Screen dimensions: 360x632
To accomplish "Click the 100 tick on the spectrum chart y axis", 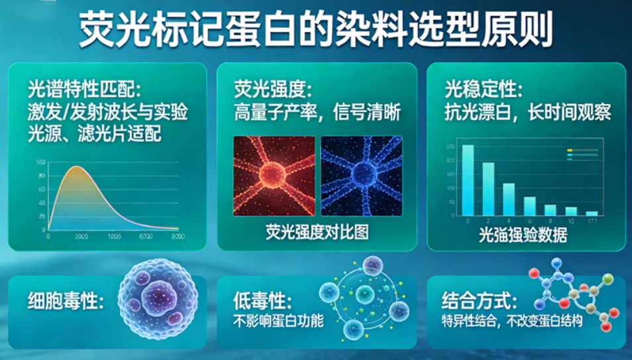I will tap(41, 162).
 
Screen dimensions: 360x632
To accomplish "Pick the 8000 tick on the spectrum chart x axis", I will tap(178, 237).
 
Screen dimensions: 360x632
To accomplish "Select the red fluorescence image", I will tap(274, 176).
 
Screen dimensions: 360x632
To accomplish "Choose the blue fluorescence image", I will tap(361, 176).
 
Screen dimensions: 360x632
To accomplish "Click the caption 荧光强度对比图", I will tap(317, 232).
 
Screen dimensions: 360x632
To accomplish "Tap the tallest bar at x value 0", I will tap(468, 180).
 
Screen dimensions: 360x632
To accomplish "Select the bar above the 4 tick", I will tap(509, 199).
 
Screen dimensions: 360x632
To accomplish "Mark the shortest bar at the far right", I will tap(592, 213).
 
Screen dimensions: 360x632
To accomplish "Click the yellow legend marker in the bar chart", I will tap(570, 150).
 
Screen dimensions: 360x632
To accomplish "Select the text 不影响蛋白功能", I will tap(278, 322).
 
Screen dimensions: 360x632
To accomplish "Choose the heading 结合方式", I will tap(479, 302).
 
